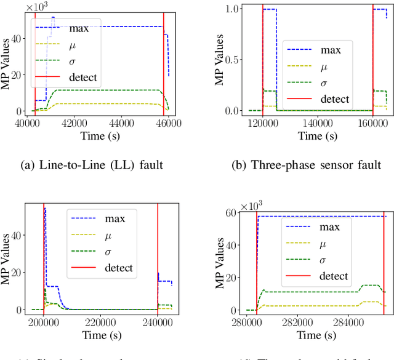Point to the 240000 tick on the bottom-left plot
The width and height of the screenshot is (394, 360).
tap(158, 322)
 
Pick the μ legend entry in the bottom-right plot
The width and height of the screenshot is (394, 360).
tap(324, 244)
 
